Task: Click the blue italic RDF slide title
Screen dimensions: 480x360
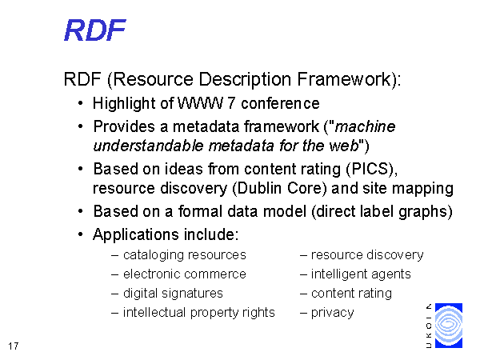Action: coord(95,30)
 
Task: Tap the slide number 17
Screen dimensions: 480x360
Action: coord(13,346)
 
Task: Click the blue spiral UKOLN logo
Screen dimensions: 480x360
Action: coord(449,326)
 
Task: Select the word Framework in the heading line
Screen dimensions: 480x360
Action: coord(344,79)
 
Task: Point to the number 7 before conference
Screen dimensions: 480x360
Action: coord(231,103)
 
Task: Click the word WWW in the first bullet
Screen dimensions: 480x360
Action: coord(200,103)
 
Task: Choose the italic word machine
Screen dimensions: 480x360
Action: coord(366,126)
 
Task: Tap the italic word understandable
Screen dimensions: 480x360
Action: coord(148,146)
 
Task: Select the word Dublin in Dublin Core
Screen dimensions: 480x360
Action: coord(259,188)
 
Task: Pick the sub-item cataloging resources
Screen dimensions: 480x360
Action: coord(185,255)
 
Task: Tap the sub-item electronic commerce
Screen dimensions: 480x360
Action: coord(185,274)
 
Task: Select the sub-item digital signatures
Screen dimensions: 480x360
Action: coord(173,294)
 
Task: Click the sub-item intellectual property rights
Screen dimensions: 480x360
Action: coord(199,313)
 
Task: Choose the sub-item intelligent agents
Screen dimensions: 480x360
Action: coord(361,274)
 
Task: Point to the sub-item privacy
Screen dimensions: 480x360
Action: coord(333,313)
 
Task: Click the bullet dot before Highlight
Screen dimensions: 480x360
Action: coord(80,103)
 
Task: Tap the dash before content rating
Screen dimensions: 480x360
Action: coord(304,294)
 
